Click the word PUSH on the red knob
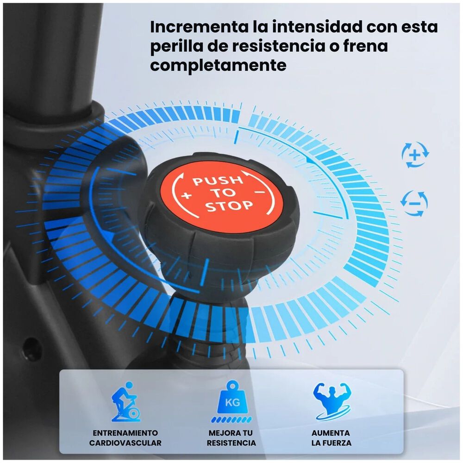pyautogui.click(x=217, y=180)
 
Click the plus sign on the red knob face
pyautogui.click(x=187, y=195)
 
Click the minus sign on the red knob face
pyautogui.click(x=260, y=190)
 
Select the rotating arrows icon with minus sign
pyautogui.click(x=414, y=203)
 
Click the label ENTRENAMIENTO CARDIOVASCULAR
pyautogui.click(x=125, y=438)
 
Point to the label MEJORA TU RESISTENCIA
pyautogui.click(x=231, y=438)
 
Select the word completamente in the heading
pyautogui.click(x=218, y=66)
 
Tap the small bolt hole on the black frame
pyautogui.click(x=30, y=344)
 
